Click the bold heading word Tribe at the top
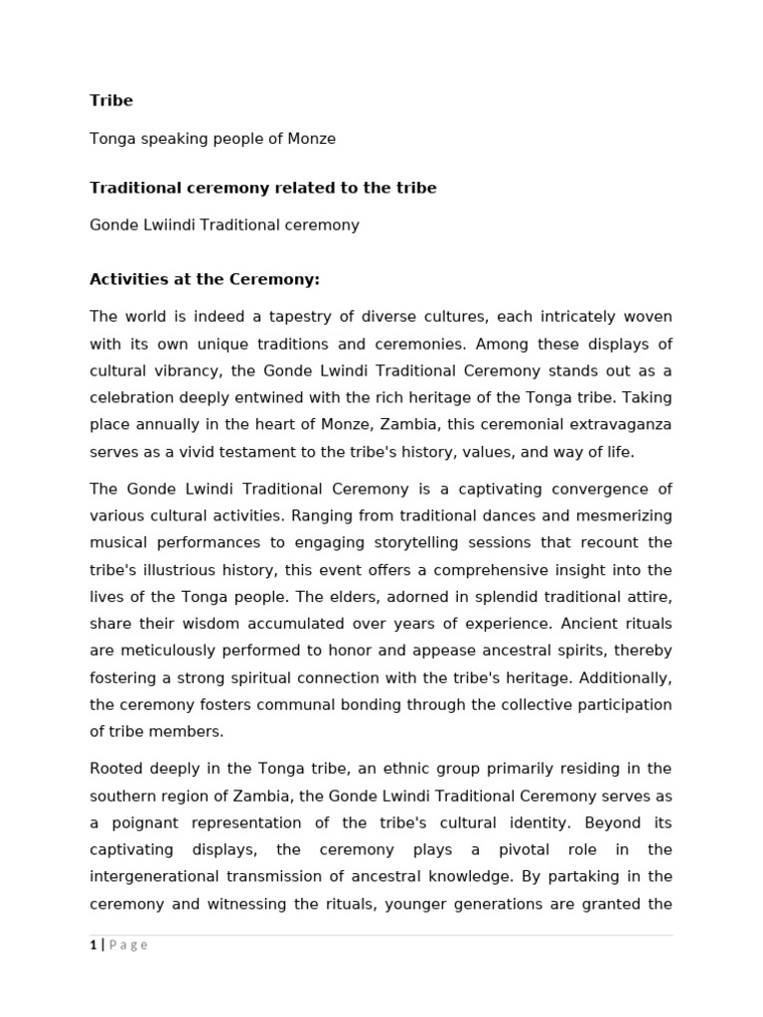point(111,100)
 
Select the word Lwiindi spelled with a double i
point(165,225)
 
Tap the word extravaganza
point(624,424)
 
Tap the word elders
point(377,597)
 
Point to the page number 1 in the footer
point(93,945)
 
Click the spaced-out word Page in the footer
point(128,945)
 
